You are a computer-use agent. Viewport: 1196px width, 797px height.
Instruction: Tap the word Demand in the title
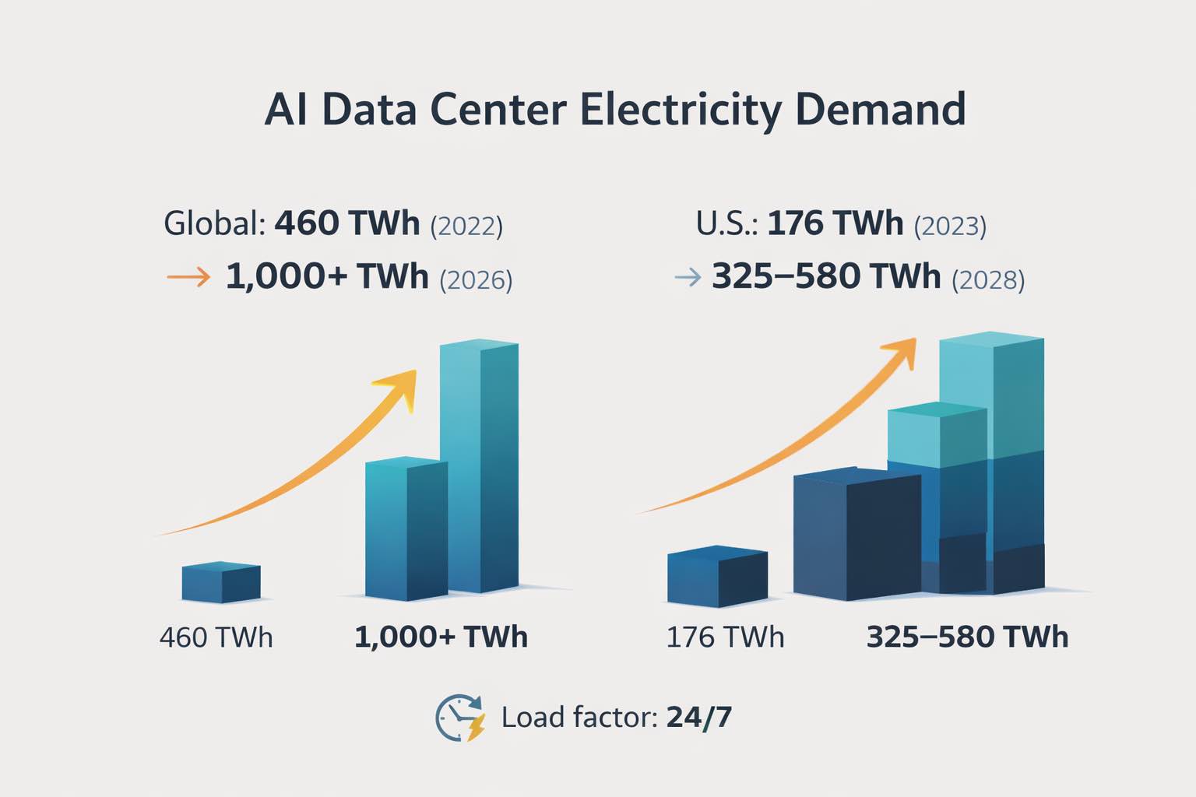pyautogui.click(x=881, y=110)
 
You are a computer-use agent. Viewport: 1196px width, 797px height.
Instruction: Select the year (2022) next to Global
pyautogui.click(x=466, y=226)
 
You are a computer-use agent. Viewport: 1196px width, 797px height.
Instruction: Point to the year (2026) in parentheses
pyautogui.click(x=476, y=279)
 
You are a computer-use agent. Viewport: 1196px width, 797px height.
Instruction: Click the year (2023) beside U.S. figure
pyautogui.click(x=950, y=226)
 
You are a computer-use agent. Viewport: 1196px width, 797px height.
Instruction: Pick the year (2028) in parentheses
pyautogui.click(x=988, y=279)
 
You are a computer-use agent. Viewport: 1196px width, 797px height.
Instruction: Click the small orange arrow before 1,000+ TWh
pyautogui.click(x=188, y=276)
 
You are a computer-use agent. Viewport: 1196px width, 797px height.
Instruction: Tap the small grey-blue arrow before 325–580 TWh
pyautogui.click(x=688, y=276)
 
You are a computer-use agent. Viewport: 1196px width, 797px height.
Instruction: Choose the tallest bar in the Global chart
pyautogui.click(x=479, y=467)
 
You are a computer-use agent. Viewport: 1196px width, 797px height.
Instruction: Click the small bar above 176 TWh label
pyautogui.click(x=717, y=577)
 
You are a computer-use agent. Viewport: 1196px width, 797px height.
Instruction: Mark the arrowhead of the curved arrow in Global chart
pyautogui.click(x=401, y=385)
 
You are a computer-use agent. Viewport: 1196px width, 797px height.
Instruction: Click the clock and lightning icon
pyautogui.click(x=459, y=717)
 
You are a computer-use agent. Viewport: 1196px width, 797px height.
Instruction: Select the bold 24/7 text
pyautogui.click(x=698, y=717)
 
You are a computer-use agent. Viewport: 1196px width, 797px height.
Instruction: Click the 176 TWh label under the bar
pyautogui.click(x=725, y=637)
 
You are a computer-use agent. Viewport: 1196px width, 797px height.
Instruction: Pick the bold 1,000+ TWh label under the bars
pyautogui.click(x=441, y=637)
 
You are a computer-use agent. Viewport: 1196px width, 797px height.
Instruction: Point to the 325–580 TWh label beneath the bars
pyautogui.click(x=967, y=637)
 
